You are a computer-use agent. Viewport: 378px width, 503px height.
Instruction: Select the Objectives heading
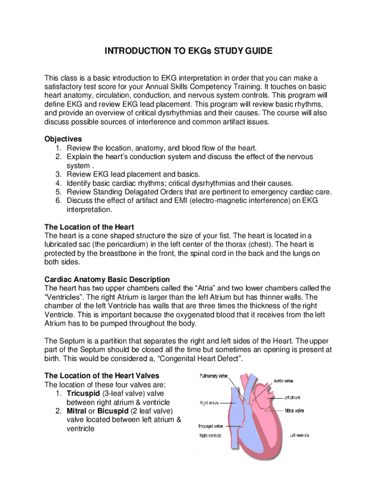[x=63, y=139]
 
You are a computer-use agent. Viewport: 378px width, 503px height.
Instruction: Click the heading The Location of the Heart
[x=89, y=227]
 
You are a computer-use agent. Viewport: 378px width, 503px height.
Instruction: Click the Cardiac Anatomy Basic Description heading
[x=107, y=279]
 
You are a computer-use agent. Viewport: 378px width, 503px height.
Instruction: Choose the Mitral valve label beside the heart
[x=294, y=410]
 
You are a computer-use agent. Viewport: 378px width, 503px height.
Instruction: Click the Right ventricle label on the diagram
[x=210, y=435]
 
